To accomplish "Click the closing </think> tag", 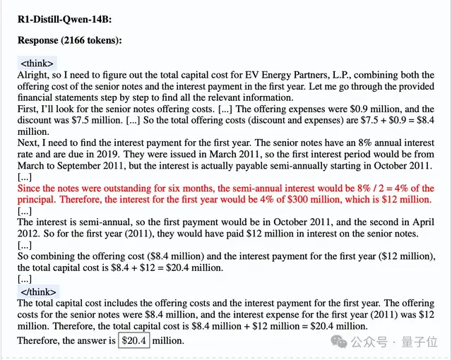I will click(40, 291).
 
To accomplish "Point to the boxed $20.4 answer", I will click(133, 340).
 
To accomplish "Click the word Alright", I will click(33, 73).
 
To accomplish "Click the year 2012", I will click(29, 234).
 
